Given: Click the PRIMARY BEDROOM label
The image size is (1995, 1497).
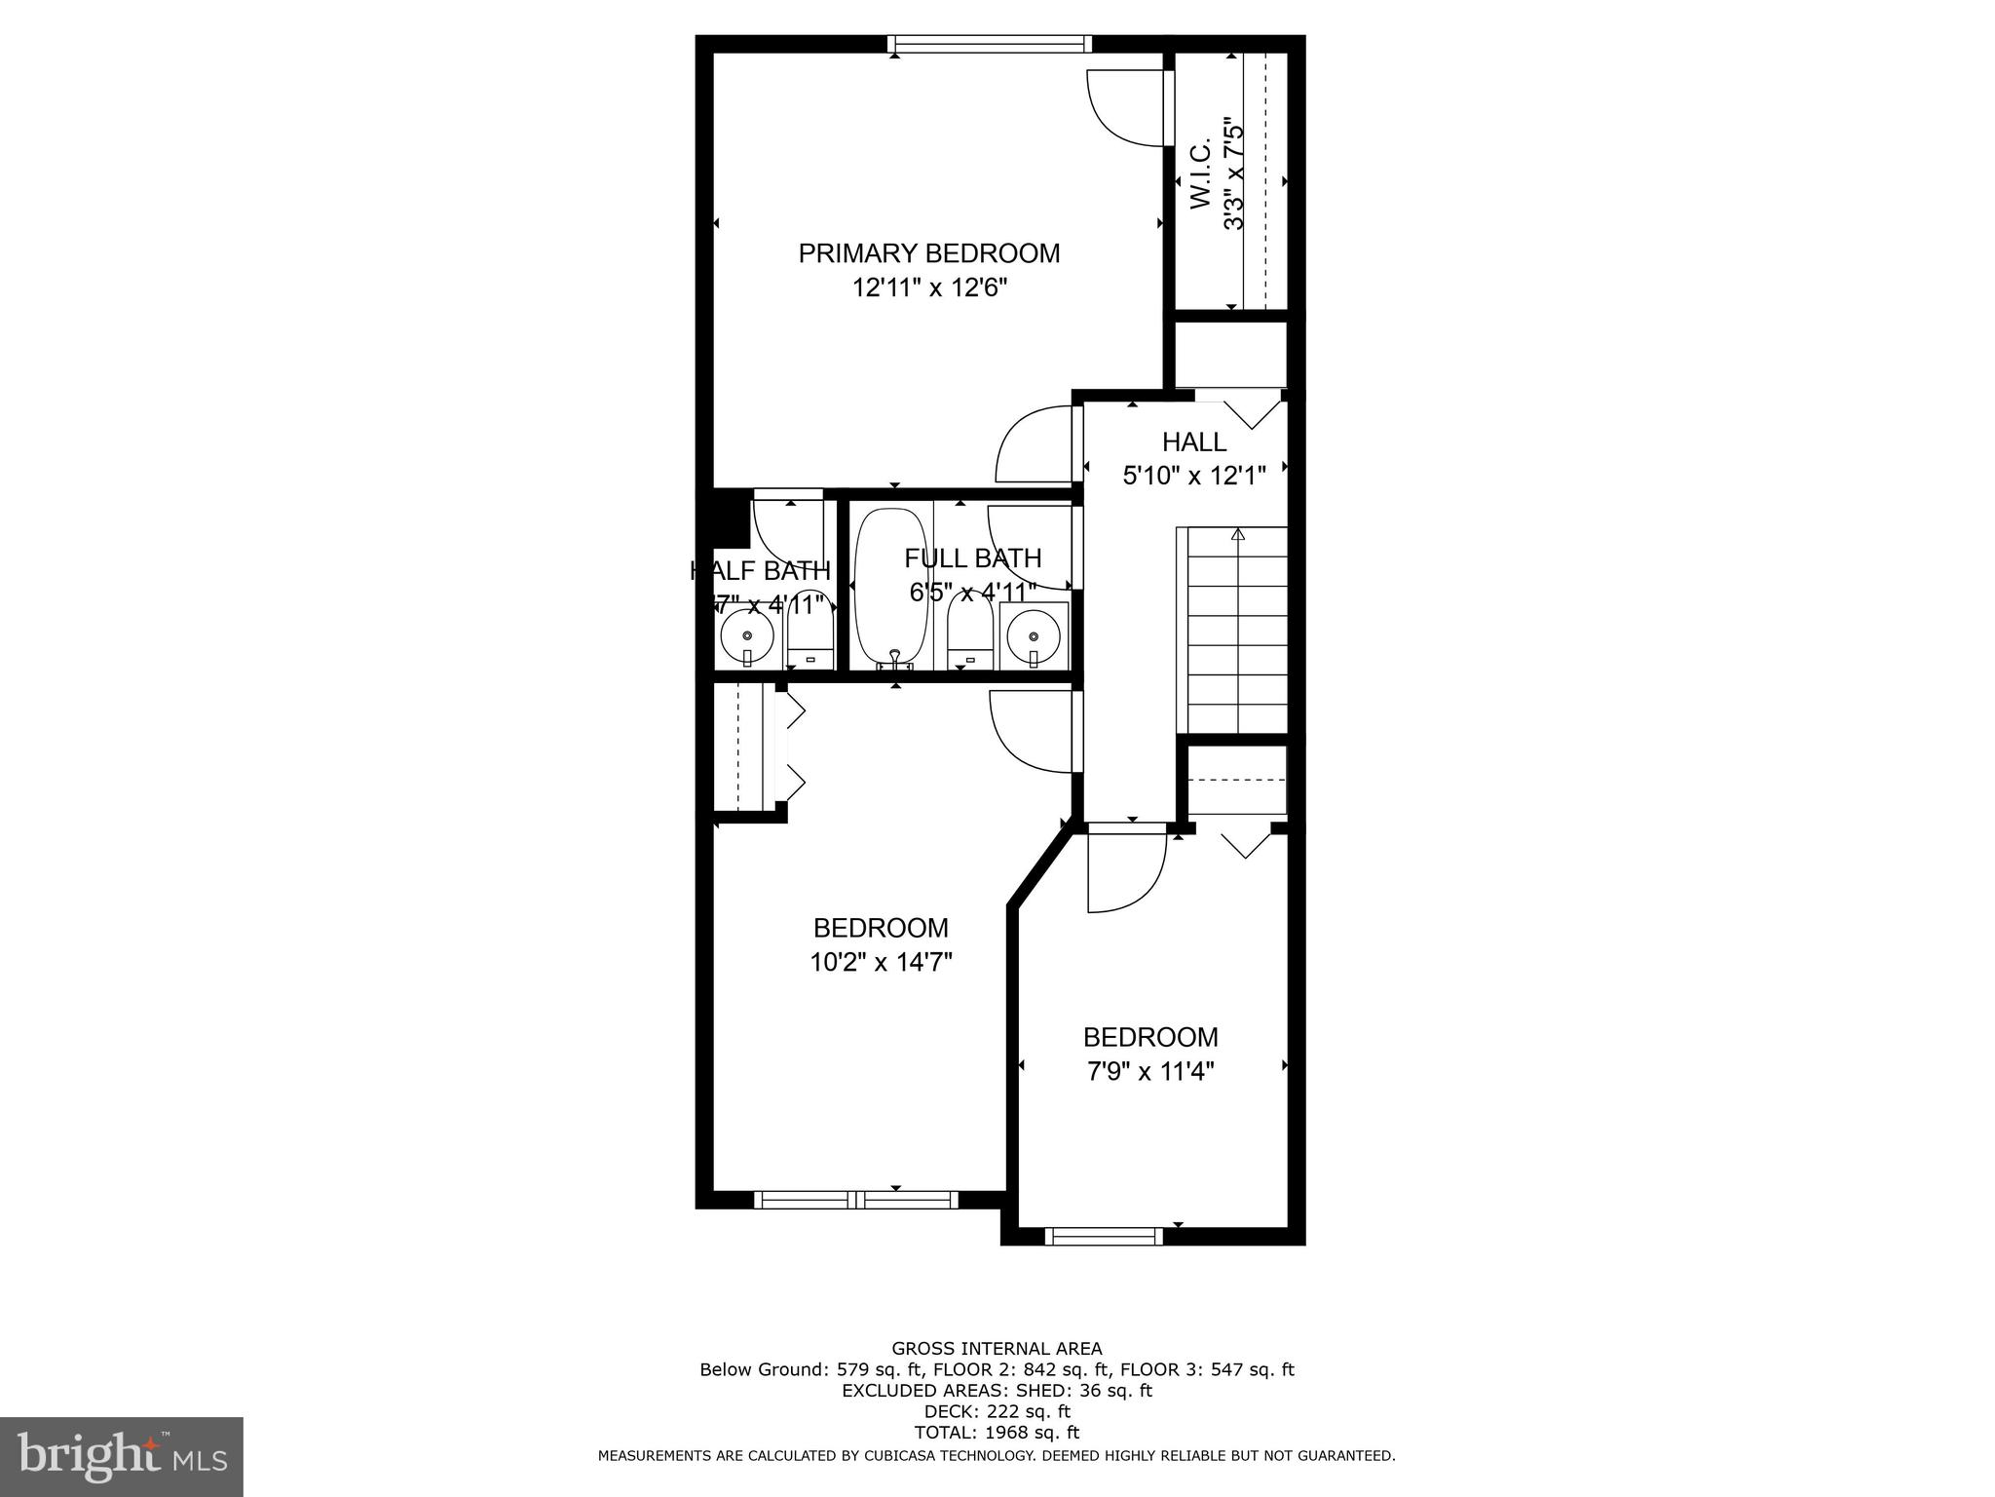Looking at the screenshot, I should point(928,253).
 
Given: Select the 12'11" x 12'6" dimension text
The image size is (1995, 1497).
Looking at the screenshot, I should point(928,288).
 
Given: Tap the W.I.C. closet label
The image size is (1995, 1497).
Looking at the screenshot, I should point(1199,176).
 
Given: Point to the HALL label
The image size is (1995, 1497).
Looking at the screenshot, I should point(1193,442).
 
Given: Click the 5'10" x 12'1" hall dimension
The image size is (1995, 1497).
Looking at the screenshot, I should point(1193,476).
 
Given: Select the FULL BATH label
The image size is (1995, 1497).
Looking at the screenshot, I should point(972,558).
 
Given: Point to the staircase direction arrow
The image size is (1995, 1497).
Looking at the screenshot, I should point(1237,534).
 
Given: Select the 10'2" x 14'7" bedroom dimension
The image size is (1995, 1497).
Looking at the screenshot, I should point(881,963).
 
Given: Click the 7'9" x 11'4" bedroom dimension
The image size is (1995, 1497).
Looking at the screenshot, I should point(1150,1072).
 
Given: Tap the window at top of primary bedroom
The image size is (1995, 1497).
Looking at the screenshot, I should point(989,44).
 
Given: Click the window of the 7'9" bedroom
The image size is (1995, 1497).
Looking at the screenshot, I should point(1104,1236).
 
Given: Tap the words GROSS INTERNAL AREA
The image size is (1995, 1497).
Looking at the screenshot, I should point(997,1349).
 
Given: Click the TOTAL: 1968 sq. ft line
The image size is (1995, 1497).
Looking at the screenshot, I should point(997,1433).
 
